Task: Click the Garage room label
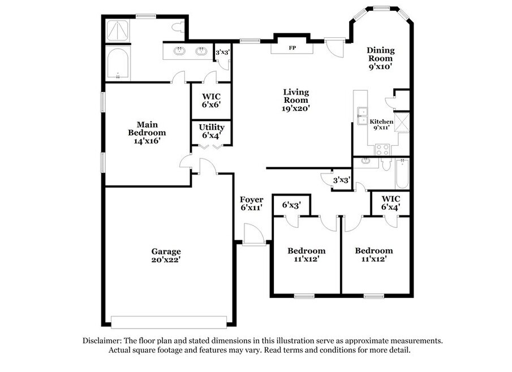tap(166, 256)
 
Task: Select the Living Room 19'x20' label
tap(296, 100)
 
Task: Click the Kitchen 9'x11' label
tap(381, 124)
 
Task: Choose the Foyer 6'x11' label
tap(251, 204)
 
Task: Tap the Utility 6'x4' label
tap(212, 131)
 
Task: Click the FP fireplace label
tap(292, 48)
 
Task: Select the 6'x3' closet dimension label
tap(291, 205)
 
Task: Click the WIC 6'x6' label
tap(211, 101)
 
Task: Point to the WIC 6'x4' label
tap(391, 202)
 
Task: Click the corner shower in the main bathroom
tap(118, 31)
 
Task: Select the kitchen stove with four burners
tap(382, 149)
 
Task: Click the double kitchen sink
tap(362, 116)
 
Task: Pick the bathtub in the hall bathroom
tap(402, 174)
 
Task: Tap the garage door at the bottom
tap(169, 322)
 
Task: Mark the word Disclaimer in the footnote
tap(102, 341)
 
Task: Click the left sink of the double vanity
tap(179, 50)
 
